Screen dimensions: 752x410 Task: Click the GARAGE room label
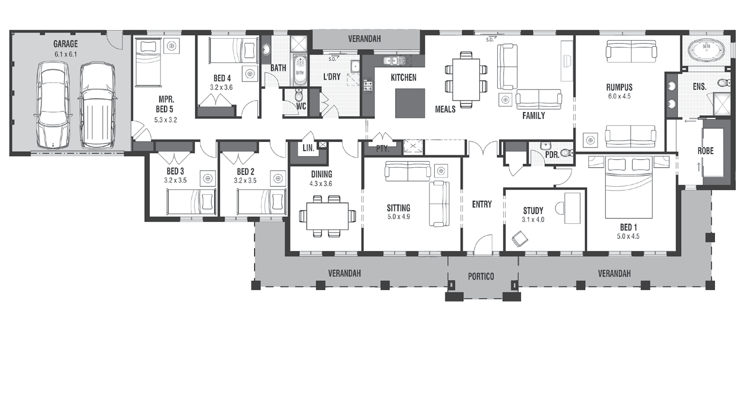point(66,44)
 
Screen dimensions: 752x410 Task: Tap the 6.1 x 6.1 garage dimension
point(66,54)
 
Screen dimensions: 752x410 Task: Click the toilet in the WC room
point(299,96)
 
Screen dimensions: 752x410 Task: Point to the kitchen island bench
point(410,103)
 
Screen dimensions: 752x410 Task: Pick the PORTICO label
point(481,277)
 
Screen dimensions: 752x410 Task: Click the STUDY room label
point(533,211)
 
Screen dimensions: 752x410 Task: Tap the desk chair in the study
point(520,239)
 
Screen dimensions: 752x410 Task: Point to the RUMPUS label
point(620,87)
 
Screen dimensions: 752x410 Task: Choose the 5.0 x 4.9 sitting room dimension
point(398,217)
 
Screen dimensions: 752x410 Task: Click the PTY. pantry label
point(382,149)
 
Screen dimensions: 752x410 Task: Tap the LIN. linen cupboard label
point(308,148)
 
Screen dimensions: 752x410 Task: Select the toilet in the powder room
point(567,153)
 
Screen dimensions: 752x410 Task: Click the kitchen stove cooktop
point(368,86)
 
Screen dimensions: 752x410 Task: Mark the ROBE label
point(706,151)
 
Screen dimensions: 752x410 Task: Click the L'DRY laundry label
point(332,77)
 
